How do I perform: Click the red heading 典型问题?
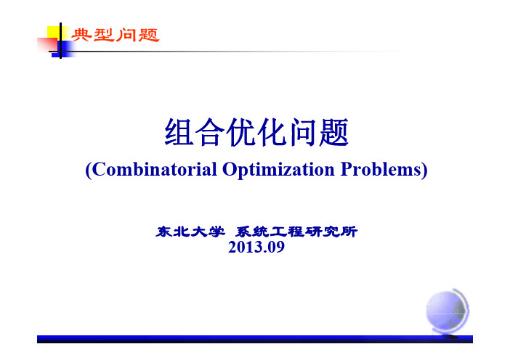[116, 35]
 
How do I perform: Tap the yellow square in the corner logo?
[54, 33]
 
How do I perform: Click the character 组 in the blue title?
[179, 132]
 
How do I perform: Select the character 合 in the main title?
[210, 132]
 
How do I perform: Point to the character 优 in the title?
[241, 132]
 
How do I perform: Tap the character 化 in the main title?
[272, 132]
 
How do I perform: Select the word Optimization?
[278, 170]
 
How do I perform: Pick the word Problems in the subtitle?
[381, 169]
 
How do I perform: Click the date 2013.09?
[256, 247]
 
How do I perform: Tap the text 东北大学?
[190, 232]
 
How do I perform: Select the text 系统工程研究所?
[296, 232]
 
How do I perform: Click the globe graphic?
[448, 311]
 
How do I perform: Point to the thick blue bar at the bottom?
[255, 339]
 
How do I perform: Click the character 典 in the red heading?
[81, 35]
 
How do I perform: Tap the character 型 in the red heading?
[104, 35]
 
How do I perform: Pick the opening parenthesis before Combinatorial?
[89, 170]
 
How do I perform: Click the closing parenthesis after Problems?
[424, 170]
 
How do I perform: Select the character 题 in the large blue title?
[333, 132]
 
